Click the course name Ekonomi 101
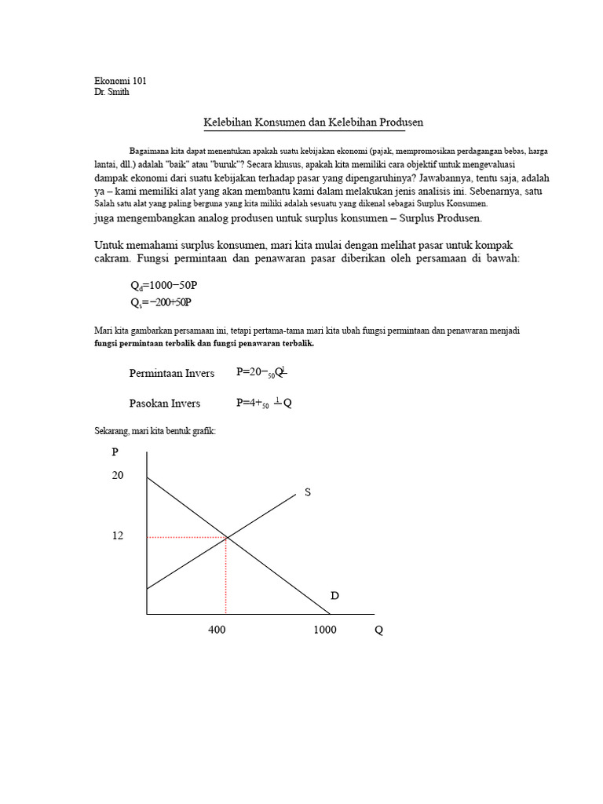[x=120, y=81]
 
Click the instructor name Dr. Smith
[x=111, y=92]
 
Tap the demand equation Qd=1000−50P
[x=164, y=287]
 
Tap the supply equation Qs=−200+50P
[x=161, y=301]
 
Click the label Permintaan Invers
[x=172, y=373]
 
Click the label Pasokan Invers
[x=165, y=403]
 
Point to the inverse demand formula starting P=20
[x=262, y=373]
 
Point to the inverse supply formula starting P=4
[x=264, y=403]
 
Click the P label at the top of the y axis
[x=115, y=451]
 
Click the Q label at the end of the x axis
[x=379, y=630]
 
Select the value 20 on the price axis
[x=118, y=476]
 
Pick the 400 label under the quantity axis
[x=217, y=630]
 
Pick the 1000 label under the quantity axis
[x=324, y=630]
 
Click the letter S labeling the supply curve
[x=308, y=492]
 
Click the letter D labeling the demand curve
[x=334, y=596]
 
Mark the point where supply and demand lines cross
[x=227, y=537]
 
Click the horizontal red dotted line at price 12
[x=187, y=537]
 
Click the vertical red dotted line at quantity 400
[x=226, y=577]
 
